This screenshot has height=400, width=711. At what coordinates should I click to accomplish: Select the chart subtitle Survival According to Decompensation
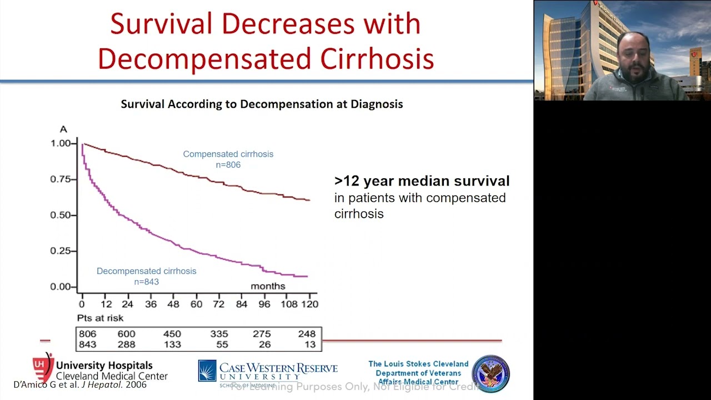coord(262,104)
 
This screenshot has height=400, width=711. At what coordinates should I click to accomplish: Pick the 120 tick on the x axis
coord(309,304)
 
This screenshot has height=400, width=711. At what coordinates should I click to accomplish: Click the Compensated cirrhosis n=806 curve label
coord(228,159)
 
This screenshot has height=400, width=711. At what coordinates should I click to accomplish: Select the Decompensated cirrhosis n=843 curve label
coord(147,276)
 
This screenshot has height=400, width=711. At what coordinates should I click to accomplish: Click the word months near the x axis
coord(268,286)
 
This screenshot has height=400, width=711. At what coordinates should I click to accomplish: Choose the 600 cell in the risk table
coord(126,334)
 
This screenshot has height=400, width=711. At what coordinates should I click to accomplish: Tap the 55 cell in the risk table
coord(219,344)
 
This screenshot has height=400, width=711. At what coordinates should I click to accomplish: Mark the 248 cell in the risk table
coord(306,334)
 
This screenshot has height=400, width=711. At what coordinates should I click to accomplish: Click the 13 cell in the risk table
coord(310,344)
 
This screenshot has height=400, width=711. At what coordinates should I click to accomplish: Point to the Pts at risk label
coord(100,318)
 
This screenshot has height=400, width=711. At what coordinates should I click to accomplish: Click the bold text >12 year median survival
coord(422,181)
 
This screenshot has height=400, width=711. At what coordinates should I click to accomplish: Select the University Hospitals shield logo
coord(43,367)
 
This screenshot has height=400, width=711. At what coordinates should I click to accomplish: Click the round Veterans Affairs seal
coord(490,374)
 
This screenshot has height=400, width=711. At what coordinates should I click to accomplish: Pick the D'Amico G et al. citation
coord(80,384)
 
